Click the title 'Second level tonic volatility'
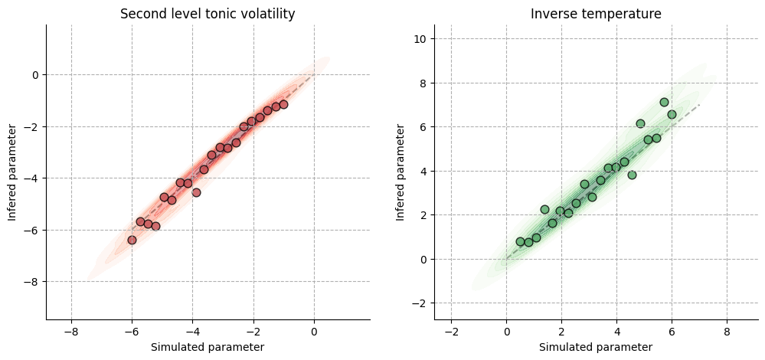click(208, 14)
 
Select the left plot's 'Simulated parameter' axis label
click(208, 347)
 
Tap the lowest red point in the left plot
click(132, 240)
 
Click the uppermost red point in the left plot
click(283, 104)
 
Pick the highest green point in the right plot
click(664, 102)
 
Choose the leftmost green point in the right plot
click(520, 241)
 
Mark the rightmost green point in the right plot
click(672, 114)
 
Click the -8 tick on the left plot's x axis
click(71, 330)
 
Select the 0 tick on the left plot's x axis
click(314, 330)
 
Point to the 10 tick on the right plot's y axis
click(420, 38)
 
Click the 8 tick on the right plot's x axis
click(727, 330)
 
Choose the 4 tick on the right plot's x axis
click(616, 330)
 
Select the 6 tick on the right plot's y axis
click(423, 126)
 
